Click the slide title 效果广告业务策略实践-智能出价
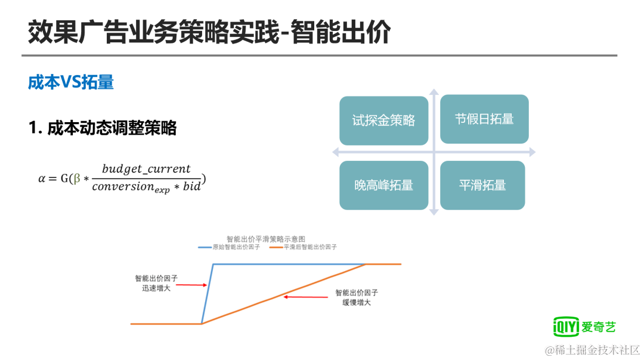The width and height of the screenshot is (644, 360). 209,32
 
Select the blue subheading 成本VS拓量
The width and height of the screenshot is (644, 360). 71,82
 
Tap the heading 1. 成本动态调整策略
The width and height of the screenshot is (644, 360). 103,128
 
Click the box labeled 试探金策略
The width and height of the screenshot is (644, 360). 383,120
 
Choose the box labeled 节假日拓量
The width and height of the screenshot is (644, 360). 484,119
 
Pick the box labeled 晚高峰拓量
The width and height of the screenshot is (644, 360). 383,185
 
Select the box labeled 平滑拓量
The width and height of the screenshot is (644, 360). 482,185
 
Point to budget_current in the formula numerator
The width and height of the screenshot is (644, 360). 146,169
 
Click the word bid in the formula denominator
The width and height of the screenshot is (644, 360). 192,187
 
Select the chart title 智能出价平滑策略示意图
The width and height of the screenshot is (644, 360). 266,238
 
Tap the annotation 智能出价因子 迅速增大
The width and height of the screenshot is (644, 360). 156,283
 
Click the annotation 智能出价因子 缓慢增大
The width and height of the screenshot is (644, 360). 356,297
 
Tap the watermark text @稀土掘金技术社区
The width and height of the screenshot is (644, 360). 593,350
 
